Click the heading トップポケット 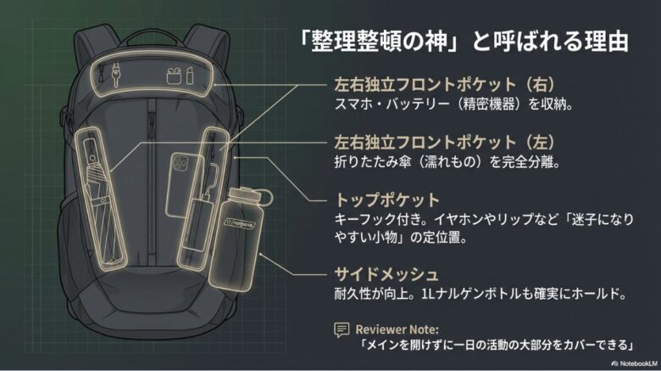click(376, 200)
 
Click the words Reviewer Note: click(397, 329)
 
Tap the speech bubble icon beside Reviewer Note click(342, 329)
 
